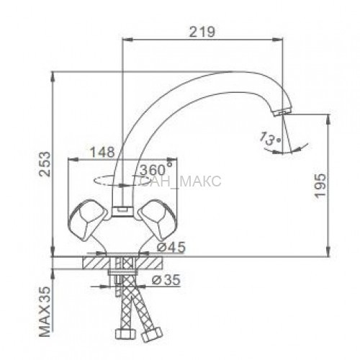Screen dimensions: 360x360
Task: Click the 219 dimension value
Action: [202, 32]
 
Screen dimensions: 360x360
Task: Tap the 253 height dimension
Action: [45, 164]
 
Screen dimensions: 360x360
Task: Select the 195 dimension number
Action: [320, 185]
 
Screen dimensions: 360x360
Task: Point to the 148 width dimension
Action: [102, 152]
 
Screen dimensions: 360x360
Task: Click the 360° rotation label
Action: [156, 169]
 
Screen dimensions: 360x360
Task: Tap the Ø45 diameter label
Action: [171, 247]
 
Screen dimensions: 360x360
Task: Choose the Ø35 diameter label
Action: [166, 279]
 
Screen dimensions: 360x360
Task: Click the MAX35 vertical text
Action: [45, 312]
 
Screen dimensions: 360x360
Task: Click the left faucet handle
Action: [88, 220]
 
